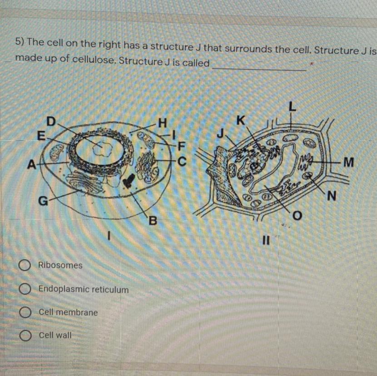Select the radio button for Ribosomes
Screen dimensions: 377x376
(25, 265)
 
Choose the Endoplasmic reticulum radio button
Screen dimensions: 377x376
(25, 289)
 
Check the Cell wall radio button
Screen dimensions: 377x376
(25, 335)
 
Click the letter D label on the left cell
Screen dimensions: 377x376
(51, 121)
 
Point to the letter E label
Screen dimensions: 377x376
(41, 136)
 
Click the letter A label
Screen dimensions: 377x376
(31, 165)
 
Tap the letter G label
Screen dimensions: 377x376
(43, 201)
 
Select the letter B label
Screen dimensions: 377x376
(153, 220)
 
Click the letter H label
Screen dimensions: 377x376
(163, 123)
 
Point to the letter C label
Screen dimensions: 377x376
(182, 162)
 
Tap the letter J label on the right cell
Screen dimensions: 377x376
(220, 134)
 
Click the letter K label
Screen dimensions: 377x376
(241, 120)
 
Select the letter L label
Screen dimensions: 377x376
(292, 107)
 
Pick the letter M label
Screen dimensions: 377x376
(349, 162)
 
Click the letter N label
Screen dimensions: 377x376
(331, 196)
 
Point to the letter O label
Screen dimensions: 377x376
(297, 215)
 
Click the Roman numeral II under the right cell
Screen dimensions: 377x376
(266, 240)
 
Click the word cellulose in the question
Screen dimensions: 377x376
(94, 59)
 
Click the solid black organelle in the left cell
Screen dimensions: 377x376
(129, 180)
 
